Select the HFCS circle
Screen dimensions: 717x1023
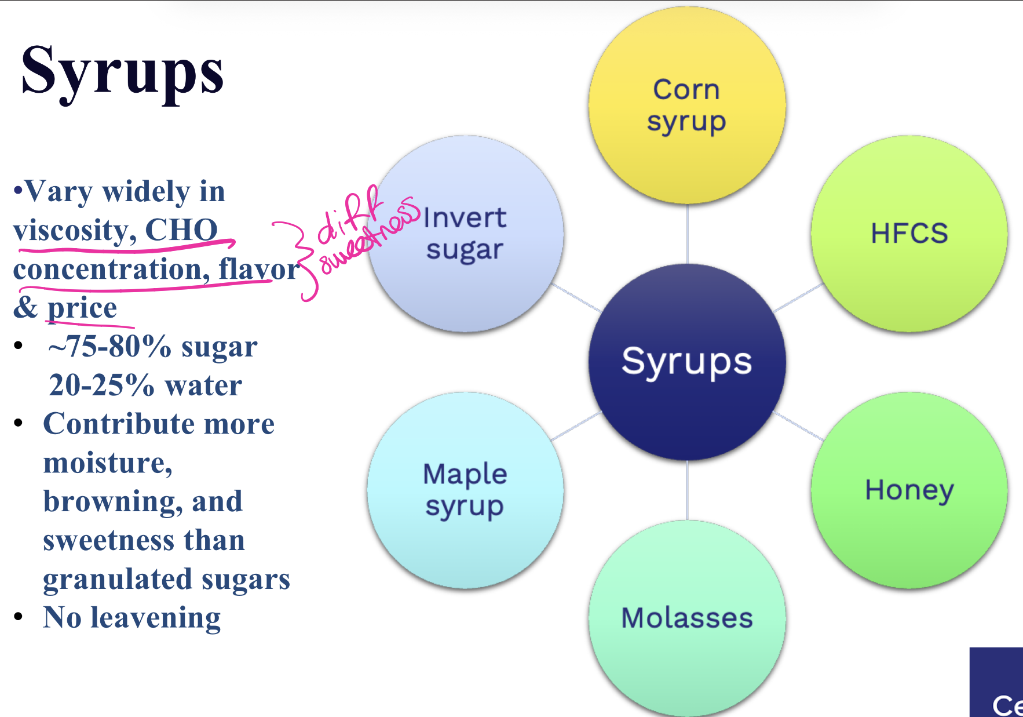[x=909, y=234]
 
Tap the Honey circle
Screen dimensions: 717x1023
[x=909, y=490]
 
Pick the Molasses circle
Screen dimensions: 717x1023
[x=687, y=618]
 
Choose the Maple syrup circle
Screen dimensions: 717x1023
[x=465, y=490]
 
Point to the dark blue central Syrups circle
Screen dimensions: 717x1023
[x=687, y=362]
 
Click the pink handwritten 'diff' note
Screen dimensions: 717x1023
[x=350, y=214]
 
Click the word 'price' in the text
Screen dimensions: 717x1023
[x=82, y=308]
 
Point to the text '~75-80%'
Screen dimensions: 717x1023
[x=109, y=347]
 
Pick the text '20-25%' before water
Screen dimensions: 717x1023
[x=101, y=385]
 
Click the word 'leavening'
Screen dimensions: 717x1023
[x=155, y=618]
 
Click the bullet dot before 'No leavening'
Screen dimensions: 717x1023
[x=19, y=616]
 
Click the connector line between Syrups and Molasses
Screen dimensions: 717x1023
[x=687, y=490]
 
